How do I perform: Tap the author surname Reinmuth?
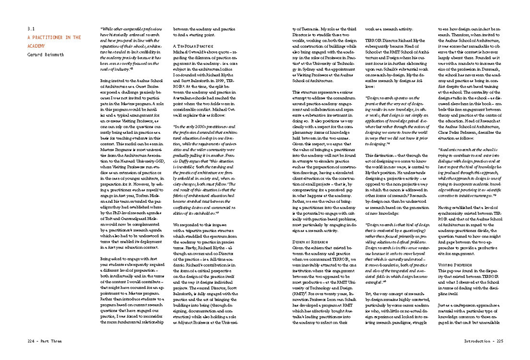[54, 54]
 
